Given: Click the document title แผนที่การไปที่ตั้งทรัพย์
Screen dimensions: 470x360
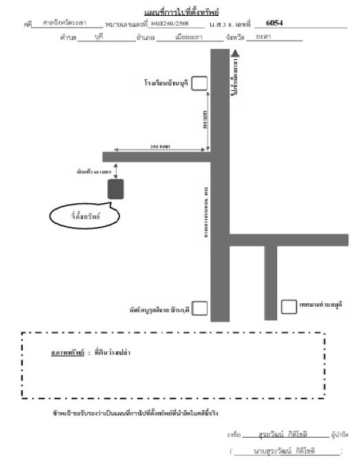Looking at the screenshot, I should pos(180,12).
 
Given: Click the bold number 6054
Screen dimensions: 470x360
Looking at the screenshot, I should pos(274,23).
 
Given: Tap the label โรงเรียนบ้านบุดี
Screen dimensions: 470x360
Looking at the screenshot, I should pos(166,83).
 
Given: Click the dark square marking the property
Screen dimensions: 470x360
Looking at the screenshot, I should pos(116,190).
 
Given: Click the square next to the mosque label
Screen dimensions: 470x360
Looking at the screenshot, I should pos(200,307).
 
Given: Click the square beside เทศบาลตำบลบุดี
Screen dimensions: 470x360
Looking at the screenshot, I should pos(288,306).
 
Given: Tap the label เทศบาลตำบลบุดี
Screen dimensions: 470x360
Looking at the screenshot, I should pos(320,305).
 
